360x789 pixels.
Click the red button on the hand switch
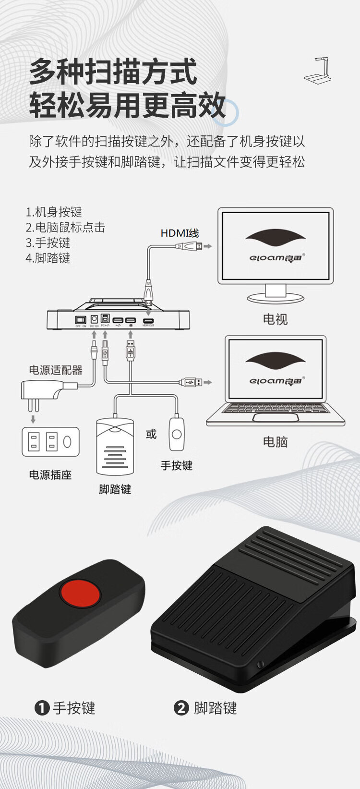tap(80, 593)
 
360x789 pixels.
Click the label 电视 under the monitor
tap(275, 319)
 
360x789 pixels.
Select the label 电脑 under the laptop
tap(275, 442)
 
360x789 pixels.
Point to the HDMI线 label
tap(179, 233)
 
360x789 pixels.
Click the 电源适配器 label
tap(56, 370)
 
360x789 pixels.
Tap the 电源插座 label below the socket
tap(50, 475)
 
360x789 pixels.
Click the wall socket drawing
tap(50, 441)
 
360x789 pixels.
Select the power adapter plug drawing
tap(43, 390)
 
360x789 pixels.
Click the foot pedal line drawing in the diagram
tap(115, 447)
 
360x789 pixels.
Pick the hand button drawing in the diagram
tap(177, 434)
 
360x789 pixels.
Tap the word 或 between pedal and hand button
tap(151, 435)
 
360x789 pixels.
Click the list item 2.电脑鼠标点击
tap(65, 227)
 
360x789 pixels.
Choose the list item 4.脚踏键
tap(48, 258)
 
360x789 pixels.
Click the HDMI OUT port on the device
tap(148, 320)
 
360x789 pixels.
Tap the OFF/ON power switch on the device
tap(80, 320)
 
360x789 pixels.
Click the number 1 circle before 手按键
tap(42, 708)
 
